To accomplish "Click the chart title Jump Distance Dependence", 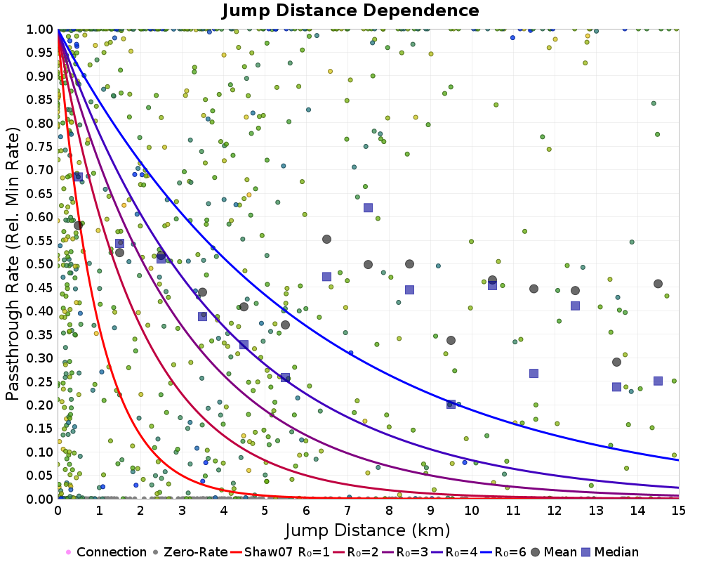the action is pyautogui.click(x=350, y=11).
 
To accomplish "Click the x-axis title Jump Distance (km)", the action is pyautogui.click(x=368, y=530).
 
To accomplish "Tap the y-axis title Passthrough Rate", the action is pyautogui.click(x=13, y=263).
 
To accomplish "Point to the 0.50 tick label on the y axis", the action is pyautogui.click(x=40, y=264).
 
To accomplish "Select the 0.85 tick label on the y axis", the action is pyautogui.click(x=40, y=100).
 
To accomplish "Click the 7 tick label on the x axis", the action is pyautogui.click(x=347, y=511).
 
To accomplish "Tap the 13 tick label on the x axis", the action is pyautogui.click(x=596, y=511).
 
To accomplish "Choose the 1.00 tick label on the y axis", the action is pyautogui.click(x=40, y=30).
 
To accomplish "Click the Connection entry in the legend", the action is pyautogui.click(x=106, y=551).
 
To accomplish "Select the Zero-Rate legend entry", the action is pyautogui.click(x=190, y=551).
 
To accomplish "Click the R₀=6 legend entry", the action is pyautogui.click(x=503, y=551).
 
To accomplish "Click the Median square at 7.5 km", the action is pyautogui.click(x=368, y=207).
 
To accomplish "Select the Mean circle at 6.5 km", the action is pyautogui.click(x=327, y=240).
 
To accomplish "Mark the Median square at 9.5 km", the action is pyautogui.click(x=451, y=404).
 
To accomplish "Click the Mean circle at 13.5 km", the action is pyautogui.click(x=616, y=362).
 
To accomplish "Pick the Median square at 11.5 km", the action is pyautogui.click(x=534, y=373).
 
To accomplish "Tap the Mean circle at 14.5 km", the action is pyautogui.click(x=658, y=284).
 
